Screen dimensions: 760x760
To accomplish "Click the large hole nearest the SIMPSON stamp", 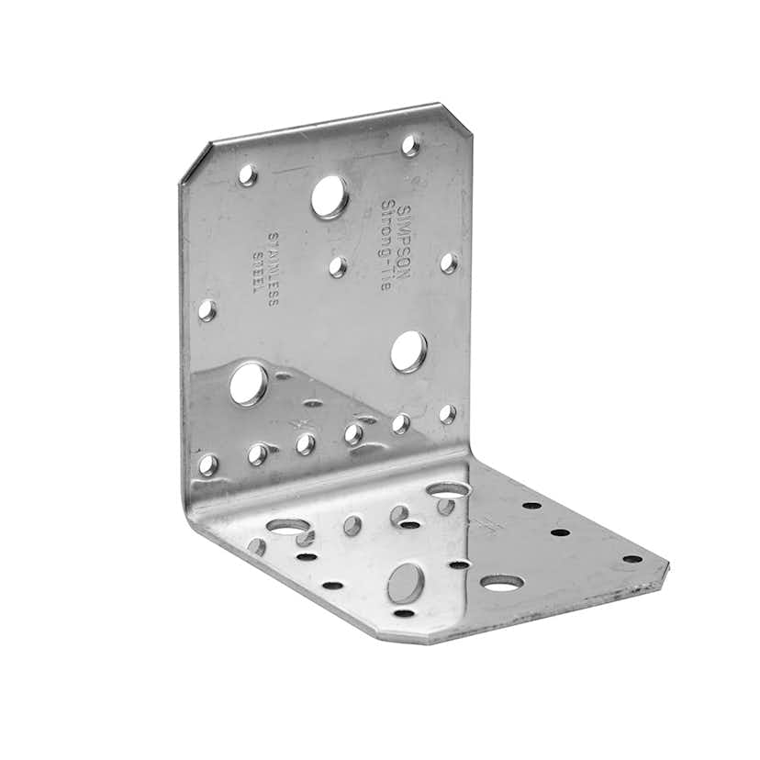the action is click(x=330, y=196).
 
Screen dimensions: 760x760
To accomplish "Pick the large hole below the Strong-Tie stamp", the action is click(x=408, y=352).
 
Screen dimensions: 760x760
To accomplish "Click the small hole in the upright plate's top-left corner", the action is click(x=248, y=175).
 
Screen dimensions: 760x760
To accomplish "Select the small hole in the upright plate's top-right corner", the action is click(x=410, y=145).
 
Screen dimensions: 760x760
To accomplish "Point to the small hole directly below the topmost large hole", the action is click(x=338, y=267).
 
